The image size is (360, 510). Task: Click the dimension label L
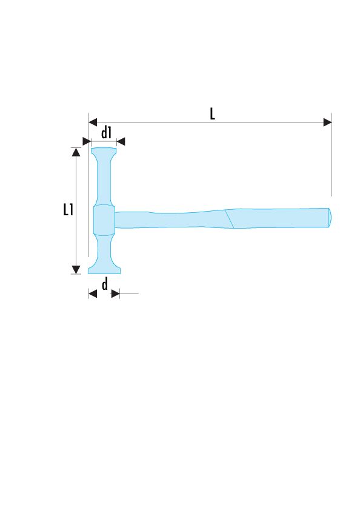pos(212,113)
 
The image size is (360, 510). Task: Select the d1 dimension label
pos(107,132)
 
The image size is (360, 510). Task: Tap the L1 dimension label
pos(68,210)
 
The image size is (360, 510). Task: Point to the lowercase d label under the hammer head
pos(105,285)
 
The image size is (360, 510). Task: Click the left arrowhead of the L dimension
pos(93,122)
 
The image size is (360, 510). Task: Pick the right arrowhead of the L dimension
pos(327,122)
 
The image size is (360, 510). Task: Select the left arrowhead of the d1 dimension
pos(86,141)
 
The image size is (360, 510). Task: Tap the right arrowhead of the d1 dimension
pos(121,141)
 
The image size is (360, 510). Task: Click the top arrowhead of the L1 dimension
pos(76,152)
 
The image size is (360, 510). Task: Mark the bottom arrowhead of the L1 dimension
pos(76,269)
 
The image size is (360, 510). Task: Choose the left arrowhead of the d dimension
pos(93,294)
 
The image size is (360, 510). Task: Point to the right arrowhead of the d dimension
pos(115,294)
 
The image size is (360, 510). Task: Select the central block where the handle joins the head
pos(104,220)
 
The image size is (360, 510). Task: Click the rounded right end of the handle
pos(329,218)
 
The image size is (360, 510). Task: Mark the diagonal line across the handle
pos(230,219)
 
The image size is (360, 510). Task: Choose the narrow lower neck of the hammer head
pos(104,249)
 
